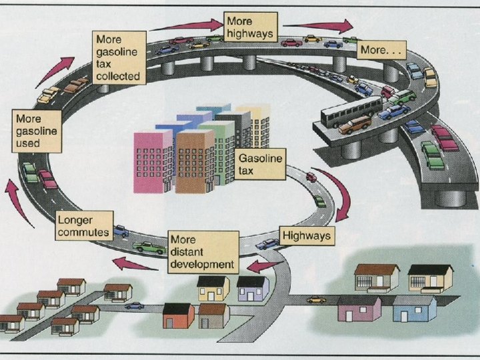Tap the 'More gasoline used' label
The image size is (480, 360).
click(x=36, y=130)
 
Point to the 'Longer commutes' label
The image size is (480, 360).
click(x=83, y=225)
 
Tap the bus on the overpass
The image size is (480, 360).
click(x=351, y=111)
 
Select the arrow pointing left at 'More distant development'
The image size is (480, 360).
click(x=265, y=267)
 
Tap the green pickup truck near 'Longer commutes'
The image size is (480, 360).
click(x=149, y=247)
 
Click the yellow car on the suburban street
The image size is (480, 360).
click(x=316, y=299)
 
